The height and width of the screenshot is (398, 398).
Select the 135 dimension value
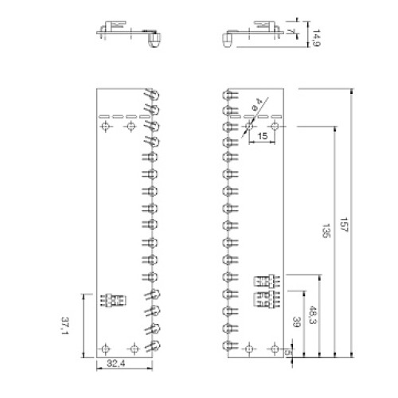coord(326,231)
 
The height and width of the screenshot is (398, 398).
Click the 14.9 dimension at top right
coord(315,37)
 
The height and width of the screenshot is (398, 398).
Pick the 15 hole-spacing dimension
coord(262,137)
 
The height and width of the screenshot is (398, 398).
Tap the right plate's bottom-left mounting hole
coord(250,348)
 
